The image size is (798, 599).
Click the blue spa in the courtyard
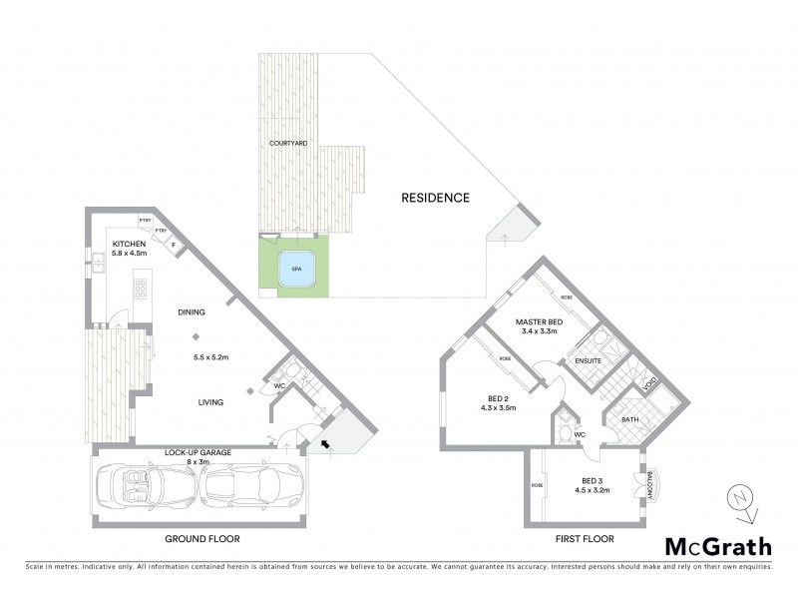(295, 270)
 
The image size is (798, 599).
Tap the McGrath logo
(718, 546)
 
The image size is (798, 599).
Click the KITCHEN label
(129, 244)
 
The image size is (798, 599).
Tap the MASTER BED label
(540, 321)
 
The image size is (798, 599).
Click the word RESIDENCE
(435, 198)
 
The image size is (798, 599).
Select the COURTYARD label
(288, 144)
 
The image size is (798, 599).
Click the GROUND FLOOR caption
(202, 538)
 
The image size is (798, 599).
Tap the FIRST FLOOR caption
(584, 538)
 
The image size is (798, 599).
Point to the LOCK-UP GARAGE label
(198, 452)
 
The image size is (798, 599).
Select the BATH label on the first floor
(629, 420)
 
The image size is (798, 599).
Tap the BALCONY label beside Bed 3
(649, 485)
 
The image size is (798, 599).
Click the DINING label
(192, 312)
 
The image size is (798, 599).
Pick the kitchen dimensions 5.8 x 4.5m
(129, 254)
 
